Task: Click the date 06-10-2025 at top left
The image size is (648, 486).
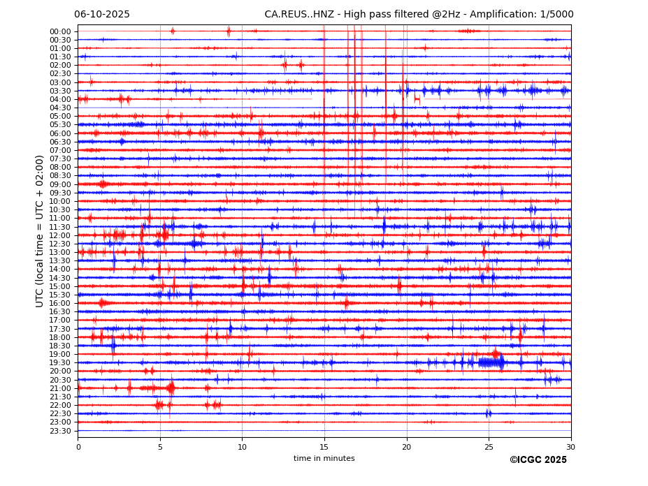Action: pyautogui.click(x=102, y=15)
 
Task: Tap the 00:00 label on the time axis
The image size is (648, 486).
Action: pyautogui.click(x=60, y=31)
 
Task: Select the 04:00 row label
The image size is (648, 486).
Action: pyautogui.click(x=60, y=99)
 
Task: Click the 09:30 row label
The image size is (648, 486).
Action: pyautogui.click(x=60, y=193)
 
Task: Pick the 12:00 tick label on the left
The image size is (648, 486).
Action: pyautogui.click(x=60, y=235)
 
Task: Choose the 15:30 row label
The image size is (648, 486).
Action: pyautogui.click(x=60, y=295)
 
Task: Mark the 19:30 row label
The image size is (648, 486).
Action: pyautogui.click(x=60, y=362)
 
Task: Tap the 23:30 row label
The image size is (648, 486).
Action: pyautogui.click(x=60, y=431)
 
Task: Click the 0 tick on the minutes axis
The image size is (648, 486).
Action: pyautogui.click(x=78, y=447)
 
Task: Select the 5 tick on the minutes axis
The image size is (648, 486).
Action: pyautogui.click(x=160, y=447)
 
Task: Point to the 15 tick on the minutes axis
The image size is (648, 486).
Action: pyautogui.click(x=324, y=447)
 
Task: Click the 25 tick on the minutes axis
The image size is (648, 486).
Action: pyautogui.click(x=489, y=447)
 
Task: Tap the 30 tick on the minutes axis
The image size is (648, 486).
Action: pyautogui.click(x=570, y=447)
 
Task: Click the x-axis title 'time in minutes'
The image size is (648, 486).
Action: pyautogui.click(x=324, y=459)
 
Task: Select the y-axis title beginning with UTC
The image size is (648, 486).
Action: pyautogui.click(x=41, y=230)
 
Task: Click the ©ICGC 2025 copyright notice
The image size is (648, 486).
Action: pyautogui.click(x=538, y=460)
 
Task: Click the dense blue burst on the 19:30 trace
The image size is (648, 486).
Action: pyautogui.click(x=491, y=362)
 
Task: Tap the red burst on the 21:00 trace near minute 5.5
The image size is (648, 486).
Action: pyautogui.click(x=171, y=388)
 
